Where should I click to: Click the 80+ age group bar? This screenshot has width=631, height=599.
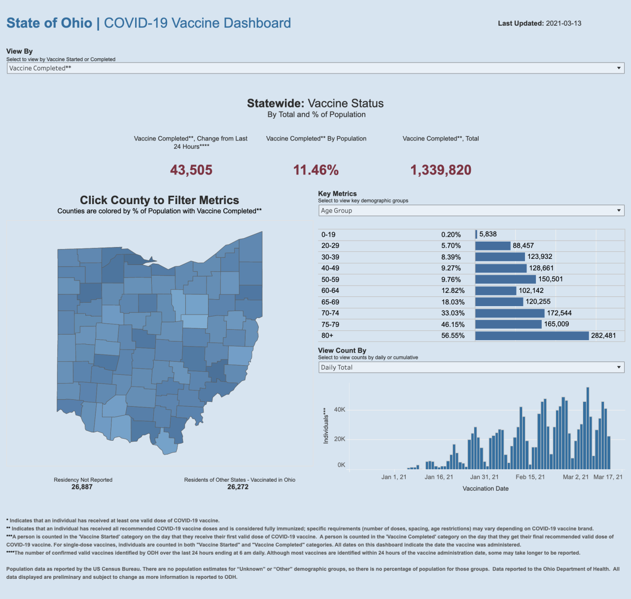pyautogui.click(x=532, y=336)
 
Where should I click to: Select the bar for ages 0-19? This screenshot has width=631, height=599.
pyautogui.click(x=476, y=235)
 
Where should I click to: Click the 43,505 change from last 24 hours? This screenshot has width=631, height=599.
pyautogui.click(x=191, y=170)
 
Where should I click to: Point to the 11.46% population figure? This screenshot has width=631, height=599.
pyautogui.click(x=316, y=170)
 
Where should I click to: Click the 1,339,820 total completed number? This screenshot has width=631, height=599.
pyautogui.click(x=441, y=170)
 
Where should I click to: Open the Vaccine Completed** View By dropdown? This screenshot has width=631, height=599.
pyautogui.click(x=315, y=68)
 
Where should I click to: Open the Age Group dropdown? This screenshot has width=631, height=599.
pyautogui.click(x=471, y=211)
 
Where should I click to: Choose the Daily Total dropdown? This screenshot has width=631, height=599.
pyautogui.click(x=471, y=367)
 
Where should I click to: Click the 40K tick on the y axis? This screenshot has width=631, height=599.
pyautogui.click(x=340, y=410)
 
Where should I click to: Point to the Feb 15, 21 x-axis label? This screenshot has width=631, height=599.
pyautogui.click(x=530, y=477)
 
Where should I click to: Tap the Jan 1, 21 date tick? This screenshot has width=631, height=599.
pyautogui.click(x=394, y=477)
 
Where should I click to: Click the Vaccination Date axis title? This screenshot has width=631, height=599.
pyautogui.click(x=486, y=489)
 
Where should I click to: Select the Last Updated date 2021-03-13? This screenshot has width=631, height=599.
pyautogui.click(x=563, y=23)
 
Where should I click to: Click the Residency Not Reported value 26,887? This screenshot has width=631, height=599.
pyautogui.click(x=82, y=487)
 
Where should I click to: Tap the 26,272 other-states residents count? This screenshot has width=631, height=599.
pyautogui.click(x=238, y=487)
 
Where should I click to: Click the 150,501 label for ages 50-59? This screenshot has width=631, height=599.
pyautogui.click(x=551, y=279)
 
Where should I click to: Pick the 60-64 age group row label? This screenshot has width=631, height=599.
pyautogui.click(x=330, y=291)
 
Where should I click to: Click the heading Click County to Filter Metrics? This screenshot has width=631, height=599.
pyautogui.click(x=159, y=200)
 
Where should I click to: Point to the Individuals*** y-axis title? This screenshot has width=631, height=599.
pyautogui.click(x=326, y=425)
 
